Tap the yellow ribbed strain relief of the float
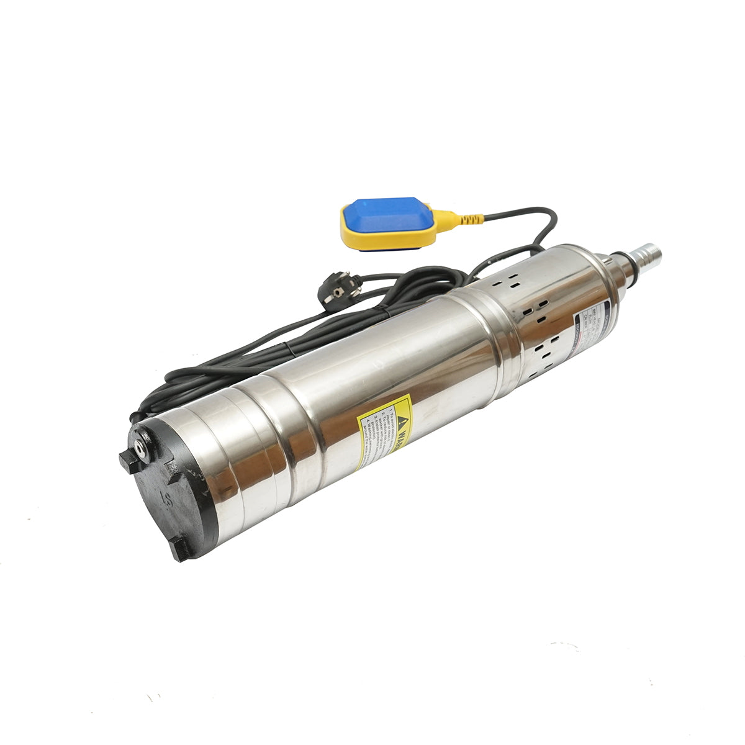[x=469, y=219]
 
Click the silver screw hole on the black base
[x=143, y=448]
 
